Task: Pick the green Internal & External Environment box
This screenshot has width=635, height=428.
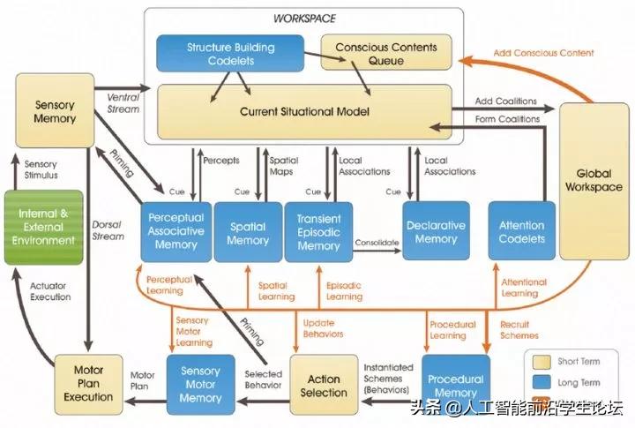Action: coord(43,227)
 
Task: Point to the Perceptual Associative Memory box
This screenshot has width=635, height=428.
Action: coord(176,232)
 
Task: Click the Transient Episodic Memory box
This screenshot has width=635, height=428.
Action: coord(318,232)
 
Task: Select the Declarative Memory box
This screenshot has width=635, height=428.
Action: coord(437,232)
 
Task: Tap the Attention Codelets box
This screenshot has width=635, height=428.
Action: coord(522,232)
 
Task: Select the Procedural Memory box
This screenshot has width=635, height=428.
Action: coord(455,381)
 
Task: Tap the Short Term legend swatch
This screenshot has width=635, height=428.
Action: coord(542,362)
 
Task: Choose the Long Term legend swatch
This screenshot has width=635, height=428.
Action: coord(542,383)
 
